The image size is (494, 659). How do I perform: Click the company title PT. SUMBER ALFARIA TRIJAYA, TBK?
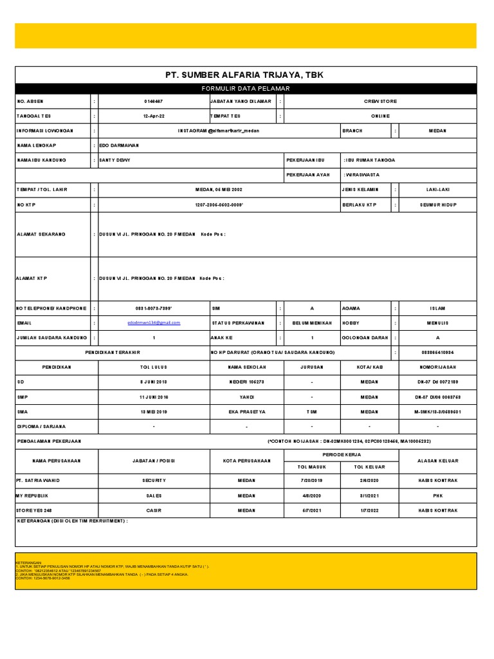coord(244,75)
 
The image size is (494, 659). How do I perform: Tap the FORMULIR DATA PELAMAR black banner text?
coord(246,88)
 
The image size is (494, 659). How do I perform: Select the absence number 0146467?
coord(153,102)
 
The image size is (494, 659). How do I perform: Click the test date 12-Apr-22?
coord(153,116)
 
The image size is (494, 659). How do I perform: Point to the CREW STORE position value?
coord(380,102)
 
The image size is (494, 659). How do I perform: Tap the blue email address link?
coord(154,323)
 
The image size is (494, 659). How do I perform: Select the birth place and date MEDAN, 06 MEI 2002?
coord(219,190)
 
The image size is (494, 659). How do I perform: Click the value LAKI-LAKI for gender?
coord(437,190)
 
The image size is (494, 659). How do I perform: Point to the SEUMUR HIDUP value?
coord(437,204)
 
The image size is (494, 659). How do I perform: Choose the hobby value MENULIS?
coord(437,323)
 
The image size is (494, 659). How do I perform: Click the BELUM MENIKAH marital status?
coord(312,323)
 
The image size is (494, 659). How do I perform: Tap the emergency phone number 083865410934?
coord(437,353)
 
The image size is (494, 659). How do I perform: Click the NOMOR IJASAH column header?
coord(437,367)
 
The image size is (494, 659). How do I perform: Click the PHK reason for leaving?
coord(437,496)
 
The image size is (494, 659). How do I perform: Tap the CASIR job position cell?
coord(154,510)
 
